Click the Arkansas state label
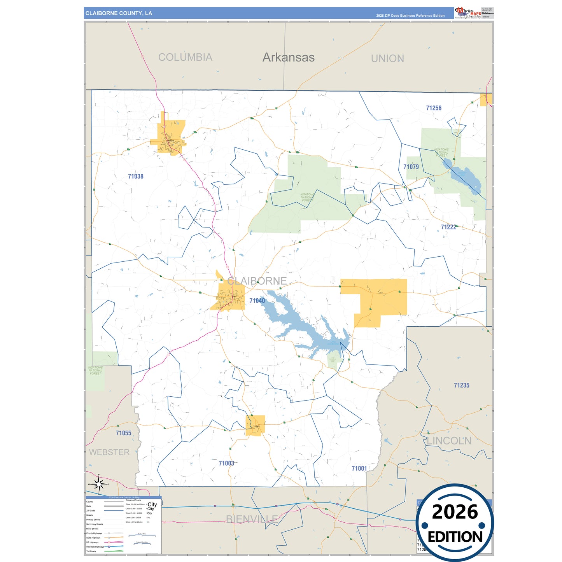click(288, 57)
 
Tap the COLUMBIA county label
click(185, 57)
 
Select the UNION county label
click(387, 58)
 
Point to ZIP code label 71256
click(434, 108)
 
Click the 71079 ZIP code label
click(411, 167)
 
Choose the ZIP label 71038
click(136, 177)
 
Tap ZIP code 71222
click(448, 227)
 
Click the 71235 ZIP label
click(462, 385)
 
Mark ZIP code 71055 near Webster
click(124, 433)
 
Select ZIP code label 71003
click(226, 463)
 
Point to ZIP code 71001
click(359, 469)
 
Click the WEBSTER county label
click(109, 452)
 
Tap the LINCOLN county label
click(449, 441)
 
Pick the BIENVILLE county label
click(252, 519)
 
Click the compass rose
click(99, 484)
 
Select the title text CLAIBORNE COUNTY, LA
click(119, 13)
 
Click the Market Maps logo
click(468, 13)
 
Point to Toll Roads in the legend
click(91, 551)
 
